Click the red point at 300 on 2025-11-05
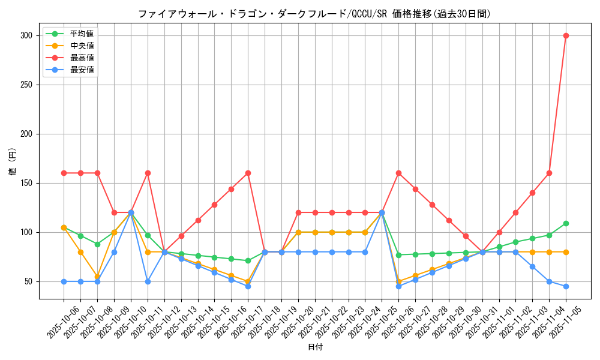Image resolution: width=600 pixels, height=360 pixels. (566, 35)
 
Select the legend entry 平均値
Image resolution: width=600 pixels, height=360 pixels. (82, 34)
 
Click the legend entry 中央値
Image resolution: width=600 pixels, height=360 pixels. (82, 46)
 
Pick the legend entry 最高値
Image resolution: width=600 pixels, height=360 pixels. (82, 58)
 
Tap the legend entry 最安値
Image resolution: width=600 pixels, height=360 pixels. (82, 70)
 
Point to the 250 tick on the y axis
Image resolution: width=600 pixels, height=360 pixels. (25, 85)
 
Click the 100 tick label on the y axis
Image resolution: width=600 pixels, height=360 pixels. (25, 232)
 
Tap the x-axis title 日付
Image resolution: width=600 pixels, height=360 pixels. (315, 347)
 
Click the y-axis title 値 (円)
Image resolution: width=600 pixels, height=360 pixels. (13, 163)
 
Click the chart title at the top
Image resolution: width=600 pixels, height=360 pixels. (314, 14)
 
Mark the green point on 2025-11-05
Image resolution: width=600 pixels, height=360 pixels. (566, 223)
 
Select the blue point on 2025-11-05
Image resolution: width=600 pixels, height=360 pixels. (566, 286)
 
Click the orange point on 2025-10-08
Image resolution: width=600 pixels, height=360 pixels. (97, 277)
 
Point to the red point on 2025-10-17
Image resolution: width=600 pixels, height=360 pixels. (248, 173)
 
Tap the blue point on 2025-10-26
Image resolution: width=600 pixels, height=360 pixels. (398, 286)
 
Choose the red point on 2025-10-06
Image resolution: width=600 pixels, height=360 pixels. (64, 173)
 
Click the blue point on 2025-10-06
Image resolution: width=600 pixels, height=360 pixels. (64, 281)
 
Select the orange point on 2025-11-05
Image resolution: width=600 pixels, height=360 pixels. (566, 252)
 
